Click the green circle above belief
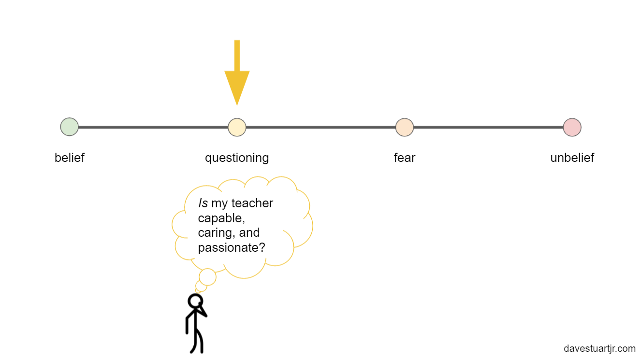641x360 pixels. point(70,127)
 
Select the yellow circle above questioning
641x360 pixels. point(237,127)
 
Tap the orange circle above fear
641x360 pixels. point(405,127)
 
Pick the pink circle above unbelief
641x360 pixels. point(572,127)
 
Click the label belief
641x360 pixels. point(70,158)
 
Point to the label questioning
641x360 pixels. point(237,158)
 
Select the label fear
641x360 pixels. point(405,158)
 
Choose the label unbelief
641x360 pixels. point(572,158)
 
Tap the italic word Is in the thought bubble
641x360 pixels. point(203,203)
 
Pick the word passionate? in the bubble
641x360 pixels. point(232,248)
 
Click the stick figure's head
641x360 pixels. point(195,301)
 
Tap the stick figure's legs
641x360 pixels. point(197,341)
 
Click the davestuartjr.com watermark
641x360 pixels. point(599,348)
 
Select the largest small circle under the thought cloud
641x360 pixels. point(208,277)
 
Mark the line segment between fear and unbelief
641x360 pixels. point(488,127)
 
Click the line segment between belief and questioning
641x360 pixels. point(153,127)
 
